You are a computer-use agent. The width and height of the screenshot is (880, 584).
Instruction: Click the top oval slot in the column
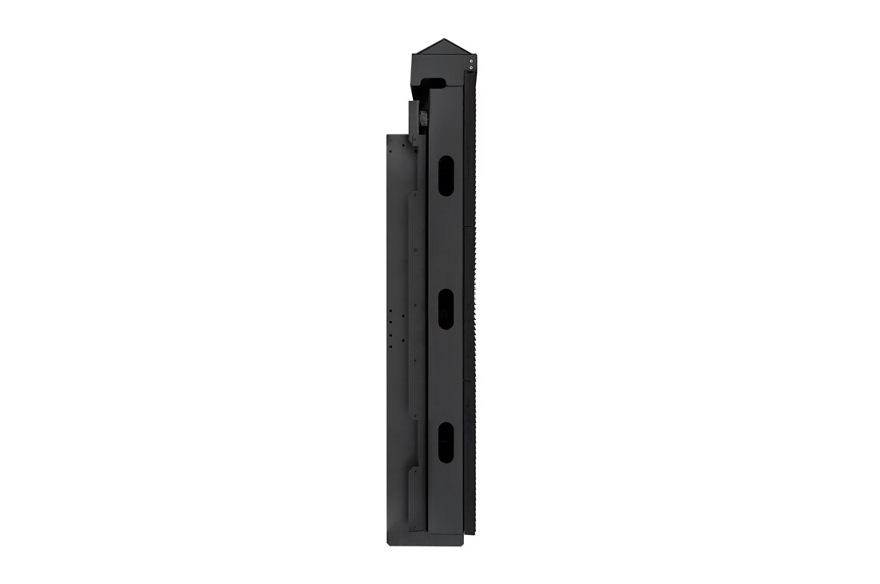[445, 174]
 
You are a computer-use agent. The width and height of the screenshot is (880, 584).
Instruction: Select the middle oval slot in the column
[445, 309]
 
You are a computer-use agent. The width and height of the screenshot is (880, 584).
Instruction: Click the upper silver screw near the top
[471, 59]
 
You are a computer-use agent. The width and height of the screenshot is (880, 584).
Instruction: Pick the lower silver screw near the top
[471, 68]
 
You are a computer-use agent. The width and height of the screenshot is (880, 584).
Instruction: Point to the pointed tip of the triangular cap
[438, 38]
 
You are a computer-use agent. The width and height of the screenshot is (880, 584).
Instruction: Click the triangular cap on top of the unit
[438, 46]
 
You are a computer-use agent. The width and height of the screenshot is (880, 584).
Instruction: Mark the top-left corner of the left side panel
[388, 135]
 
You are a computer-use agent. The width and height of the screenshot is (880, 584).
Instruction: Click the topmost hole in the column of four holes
[390, 313]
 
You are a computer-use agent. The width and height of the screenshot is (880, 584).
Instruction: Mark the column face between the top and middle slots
[445, 240]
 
